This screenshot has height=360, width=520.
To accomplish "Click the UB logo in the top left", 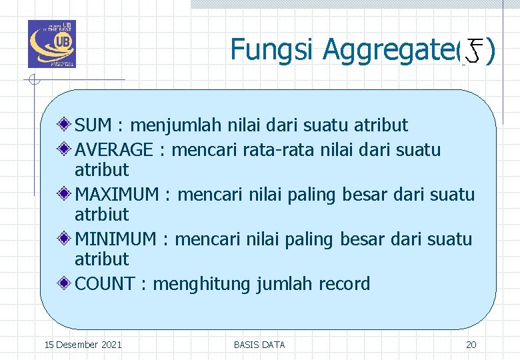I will (x=51, y=44).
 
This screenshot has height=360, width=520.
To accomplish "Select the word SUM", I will (x=93, y=125).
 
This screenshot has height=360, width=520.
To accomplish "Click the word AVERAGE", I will (x=114, y=150).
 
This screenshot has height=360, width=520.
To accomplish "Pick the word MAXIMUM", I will (x=117, y=195).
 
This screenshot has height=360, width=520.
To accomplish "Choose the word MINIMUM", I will (x=115, y=239).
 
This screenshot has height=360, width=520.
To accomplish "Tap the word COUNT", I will (x=105, y=284).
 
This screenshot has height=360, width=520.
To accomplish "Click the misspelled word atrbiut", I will (x=102, y=215).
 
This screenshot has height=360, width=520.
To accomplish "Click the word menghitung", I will (x=211, y=285).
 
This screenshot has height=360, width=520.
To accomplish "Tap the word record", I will (x=344, y=284).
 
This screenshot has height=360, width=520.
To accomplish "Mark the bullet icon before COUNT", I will (x=65, y=283).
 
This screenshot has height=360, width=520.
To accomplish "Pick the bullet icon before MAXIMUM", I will (x=65, y=194).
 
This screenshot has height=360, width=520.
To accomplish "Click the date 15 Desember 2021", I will (x=83, y=345).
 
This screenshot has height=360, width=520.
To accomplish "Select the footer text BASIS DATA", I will (x=259, y=345).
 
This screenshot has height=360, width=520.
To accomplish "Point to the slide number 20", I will (x=471, y=345).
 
